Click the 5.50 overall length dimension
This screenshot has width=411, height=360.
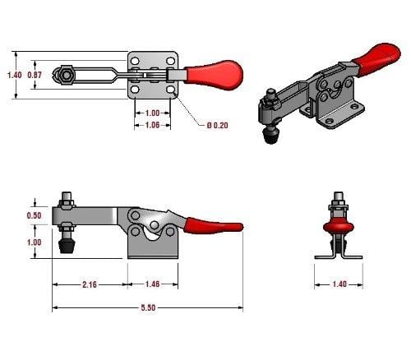click(x=148, y=307)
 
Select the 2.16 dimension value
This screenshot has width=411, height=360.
click(x=90, y=284)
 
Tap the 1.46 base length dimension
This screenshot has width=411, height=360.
click(x=152, y=284)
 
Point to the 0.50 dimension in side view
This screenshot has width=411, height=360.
click(x=35, y=215)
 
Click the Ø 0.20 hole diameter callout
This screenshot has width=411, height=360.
click(x=218, y=125)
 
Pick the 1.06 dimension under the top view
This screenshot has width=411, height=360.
click(x=152, y=125)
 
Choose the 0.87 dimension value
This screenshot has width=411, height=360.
click(x=35, y=75)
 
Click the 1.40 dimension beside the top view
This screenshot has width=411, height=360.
click(x=15, y=75)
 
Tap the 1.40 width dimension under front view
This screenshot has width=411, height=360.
click(x=339, y=284)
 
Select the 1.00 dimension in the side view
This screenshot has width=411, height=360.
click(x=35, y=242)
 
